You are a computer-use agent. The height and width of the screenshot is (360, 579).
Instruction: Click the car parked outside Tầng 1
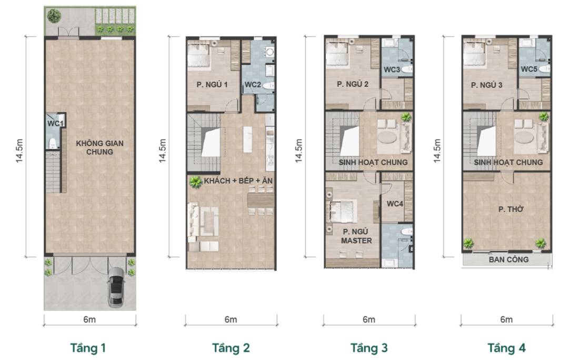pyautogui.click(x=116, y=287)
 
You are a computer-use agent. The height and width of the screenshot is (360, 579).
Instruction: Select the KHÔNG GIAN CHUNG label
pyautogui.click(x=95, y=147)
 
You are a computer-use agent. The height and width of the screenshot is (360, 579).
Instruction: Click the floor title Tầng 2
pyautogui.click(x=231, y=348)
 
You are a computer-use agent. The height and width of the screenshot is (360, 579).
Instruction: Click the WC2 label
pyautogui.click(x=253, y=84)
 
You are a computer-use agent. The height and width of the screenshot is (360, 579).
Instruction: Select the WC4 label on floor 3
pyautogui.click(x=394, y=203)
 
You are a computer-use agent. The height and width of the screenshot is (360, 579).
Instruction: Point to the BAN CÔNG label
pyautogui.click(x=508, y=259)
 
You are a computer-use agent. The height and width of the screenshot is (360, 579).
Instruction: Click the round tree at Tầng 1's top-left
pyautogui.click(x=54, y=16)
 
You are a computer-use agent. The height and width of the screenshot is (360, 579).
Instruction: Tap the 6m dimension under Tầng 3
pyautogui.click(x=368, y=319)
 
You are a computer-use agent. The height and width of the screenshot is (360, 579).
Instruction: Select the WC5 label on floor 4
pyautogui.click(x=529, y=69)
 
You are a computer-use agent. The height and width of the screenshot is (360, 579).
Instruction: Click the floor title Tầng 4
pyautogui.click(x=506, y=348)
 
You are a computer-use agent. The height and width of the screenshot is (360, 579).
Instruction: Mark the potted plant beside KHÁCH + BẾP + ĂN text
pyautogui.click(x=196, y=182)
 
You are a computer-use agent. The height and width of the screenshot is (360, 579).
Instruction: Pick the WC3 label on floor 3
pyautogui.click(x=391, y=69)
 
